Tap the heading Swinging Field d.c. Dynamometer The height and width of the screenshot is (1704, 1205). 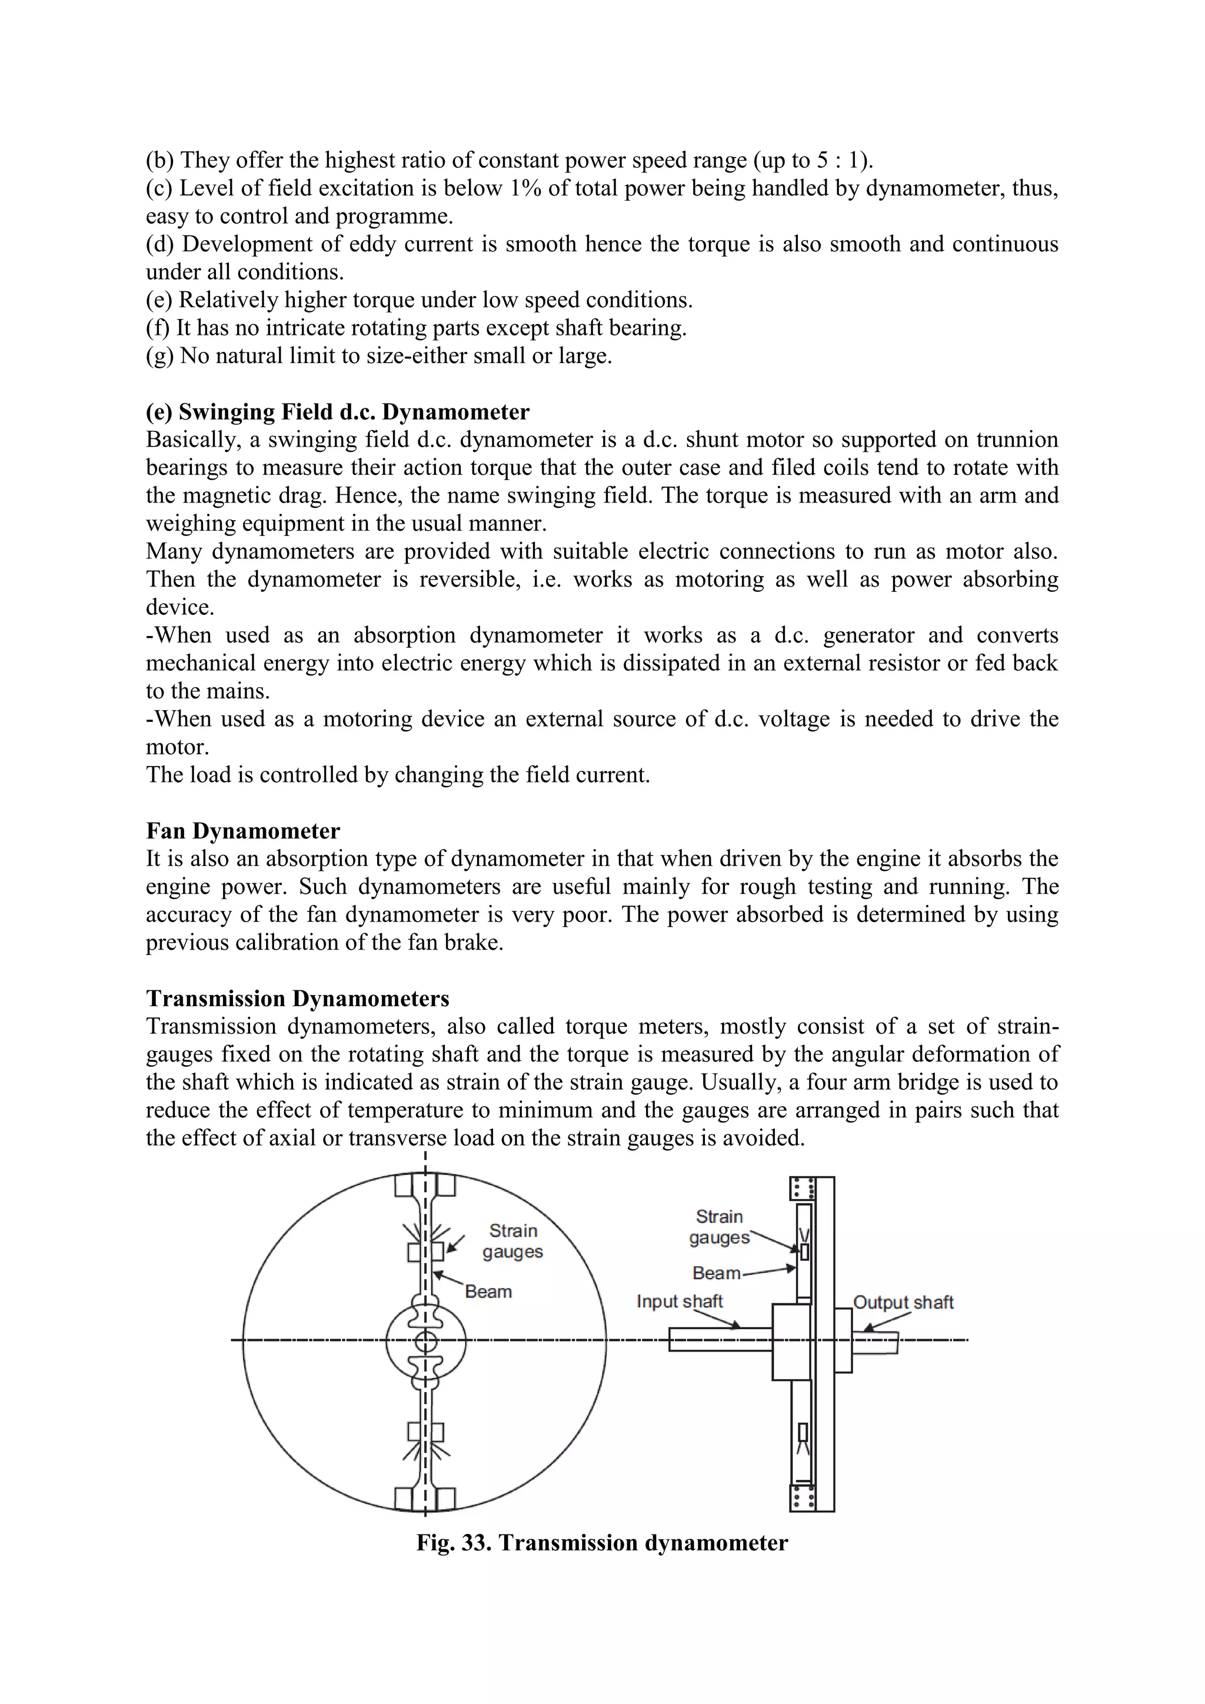tap(338, 412)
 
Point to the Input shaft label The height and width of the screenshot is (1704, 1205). tap(679, 1302)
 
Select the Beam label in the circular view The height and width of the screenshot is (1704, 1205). tap(488, 1292)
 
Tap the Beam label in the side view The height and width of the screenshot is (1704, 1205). tap(716, 1273)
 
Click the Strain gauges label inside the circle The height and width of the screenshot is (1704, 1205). tap(512, 1242)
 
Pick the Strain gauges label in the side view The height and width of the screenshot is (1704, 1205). tap(719, 1227)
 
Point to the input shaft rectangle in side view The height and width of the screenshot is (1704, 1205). tap(720, 1340)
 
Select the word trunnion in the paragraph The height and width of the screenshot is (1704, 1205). tap(1017, 440)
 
